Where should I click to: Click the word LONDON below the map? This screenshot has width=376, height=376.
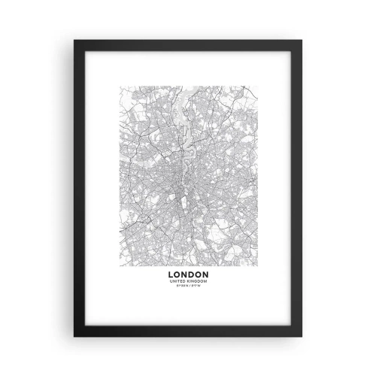[187, 275]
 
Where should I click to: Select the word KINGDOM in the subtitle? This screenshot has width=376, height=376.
[196, 282]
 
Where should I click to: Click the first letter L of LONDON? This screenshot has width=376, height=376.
[172, 275]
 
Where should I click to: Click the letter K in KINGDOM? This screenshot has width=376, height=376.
[189, 282]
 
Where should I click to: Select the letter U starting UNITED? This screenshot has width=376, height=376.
[172, 282]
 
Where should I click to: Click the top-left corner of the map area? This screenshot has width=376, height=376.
[118, 87]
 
